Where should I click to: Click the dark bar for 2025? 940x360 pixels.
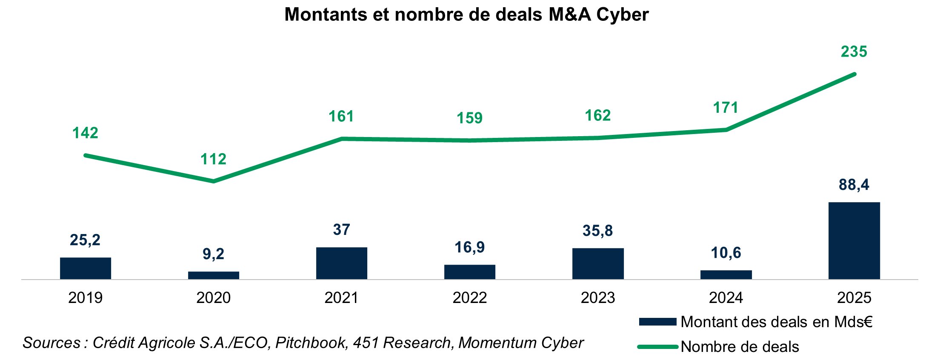click(x=854, y=240)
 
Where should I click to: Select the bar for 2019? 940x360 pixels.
click(x=86, y=268)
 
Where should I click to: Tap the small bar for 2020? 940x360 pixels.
click(x=214, y=275)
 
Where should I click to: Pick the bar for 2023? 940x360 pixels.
click(x=598, y=263)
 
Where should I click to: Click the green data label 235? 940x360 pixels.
click(x=854, y=52)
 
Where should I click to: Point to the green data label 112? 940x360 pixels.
click(x=214, y=159)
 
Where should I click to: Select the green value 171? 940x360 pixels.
click(x=726, y=108)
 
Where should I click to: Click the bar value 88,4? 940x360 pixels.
click(x=854, y=185)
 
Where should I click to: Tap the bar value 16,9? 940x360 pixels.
click(x=470, y=247)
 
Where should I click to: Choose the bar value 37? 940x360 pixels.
click(x=342, y=230)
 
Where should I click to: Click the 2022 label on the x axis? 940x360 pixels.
click(x=470, y=297)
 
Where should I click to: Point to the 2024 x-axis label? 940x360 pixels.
click(x=726, y=297)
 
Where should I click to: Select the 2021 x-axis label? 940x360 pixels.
click(x=342, y=297)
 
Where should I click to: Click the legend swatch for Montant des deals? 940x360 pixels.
click(x=657, y=322)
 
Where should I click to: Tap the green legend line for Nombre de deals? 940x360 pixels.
click(x=657, y=347)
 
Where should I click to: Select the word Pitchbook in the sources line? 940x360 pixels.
click(x=311, y=343)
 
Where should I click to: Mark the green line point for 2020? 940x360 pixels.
click(x=214, y=182)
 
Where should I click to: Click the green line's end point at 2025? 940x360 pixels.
click(x=854, y=74)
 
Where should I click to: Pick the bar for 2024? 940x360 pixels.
click(x=726, y=274)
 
